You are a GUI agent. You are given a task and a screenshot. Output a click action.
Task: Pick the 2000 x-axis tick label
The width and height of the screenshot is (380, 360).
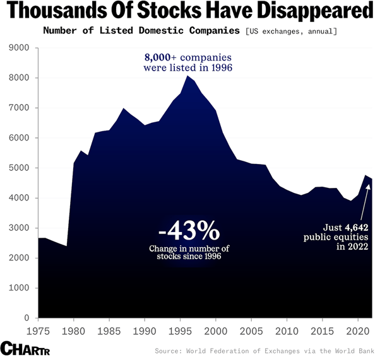[x=216, y=330]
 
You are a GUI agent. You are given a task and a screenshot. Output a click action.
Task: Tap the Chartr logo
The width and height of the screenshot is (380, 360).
[x=25, y=349]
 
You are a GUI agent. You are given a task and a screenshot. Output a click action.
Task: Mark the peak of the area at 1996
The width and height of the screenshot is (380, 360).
[x=187, y=76]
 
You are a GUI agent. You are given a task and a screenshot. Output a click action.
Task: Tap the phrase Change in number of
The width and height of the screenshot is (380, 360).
[x=189, y=248]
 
